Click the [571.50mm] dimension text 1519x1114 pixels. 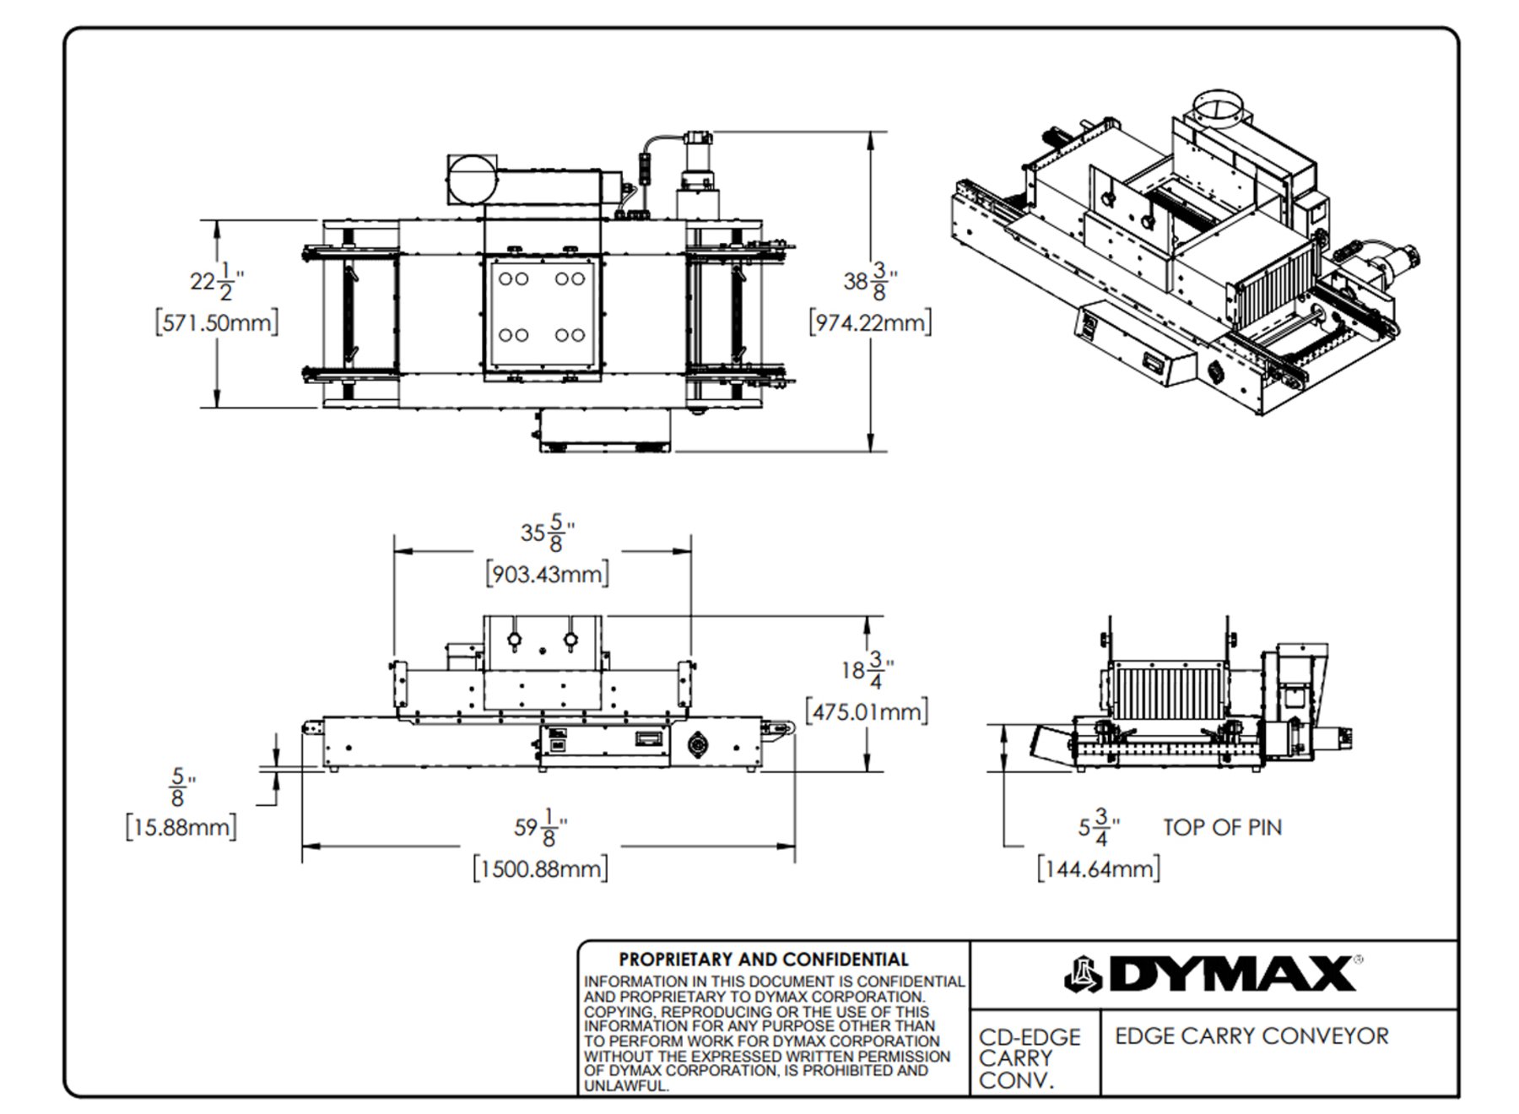[217, 322]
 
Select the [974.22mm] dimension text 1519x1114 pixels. [870, 322]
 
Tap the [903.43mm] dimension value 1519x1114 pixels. [547, 574]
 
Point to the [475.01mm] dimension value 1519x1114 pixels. [867, 711]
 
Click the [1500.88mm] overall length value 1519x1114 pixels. [540, 868]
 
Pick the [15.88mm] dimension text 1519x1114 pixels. [181, 826]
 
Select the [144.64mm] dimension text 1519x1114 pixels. [1098, 868]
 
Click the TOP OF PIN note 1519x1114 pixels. [1222, 827]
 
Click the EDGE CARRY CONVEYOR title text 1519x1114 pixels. [1251, 1036]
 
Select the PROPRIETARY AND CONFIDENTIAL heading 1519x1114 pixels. [764, 960]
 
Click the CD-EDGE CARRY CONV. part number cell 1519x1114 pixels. [1029, 1058]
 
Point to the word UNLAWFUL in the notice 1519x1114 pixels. [625, 1086]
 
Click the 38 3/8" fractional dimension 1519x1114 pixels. [869, 281]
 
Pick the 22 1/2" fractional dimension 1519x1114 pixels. [216, 281]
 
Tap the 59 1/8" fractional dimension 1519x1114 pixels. [540, 827]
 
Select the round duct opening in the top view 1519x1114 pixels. [473, 179]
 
